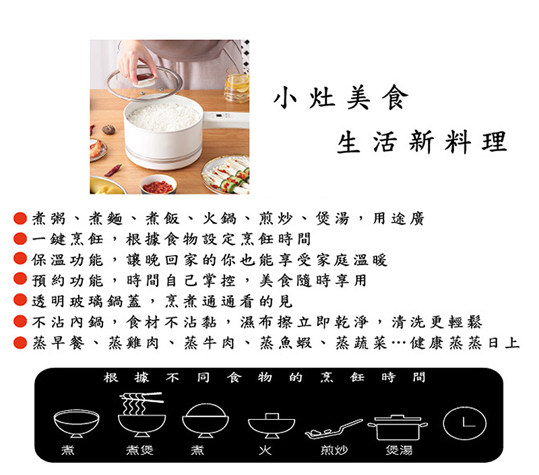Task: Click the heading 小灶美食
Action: pyautogui.click(x=340, y=99)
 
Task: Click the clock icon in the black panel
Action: pyautogui.click(x=464, y=422)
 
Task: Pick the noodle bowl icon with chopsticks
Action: pyautogui.click(x=141, y=414)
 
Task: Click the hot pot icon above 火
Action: pyautogui.click(x=271, y=424)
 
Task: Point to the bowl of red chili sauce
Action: pyautogui.click(x=158, y=184)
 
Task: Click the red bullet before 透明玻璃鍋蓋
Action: pyautogui.click(x=20, y=301)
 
